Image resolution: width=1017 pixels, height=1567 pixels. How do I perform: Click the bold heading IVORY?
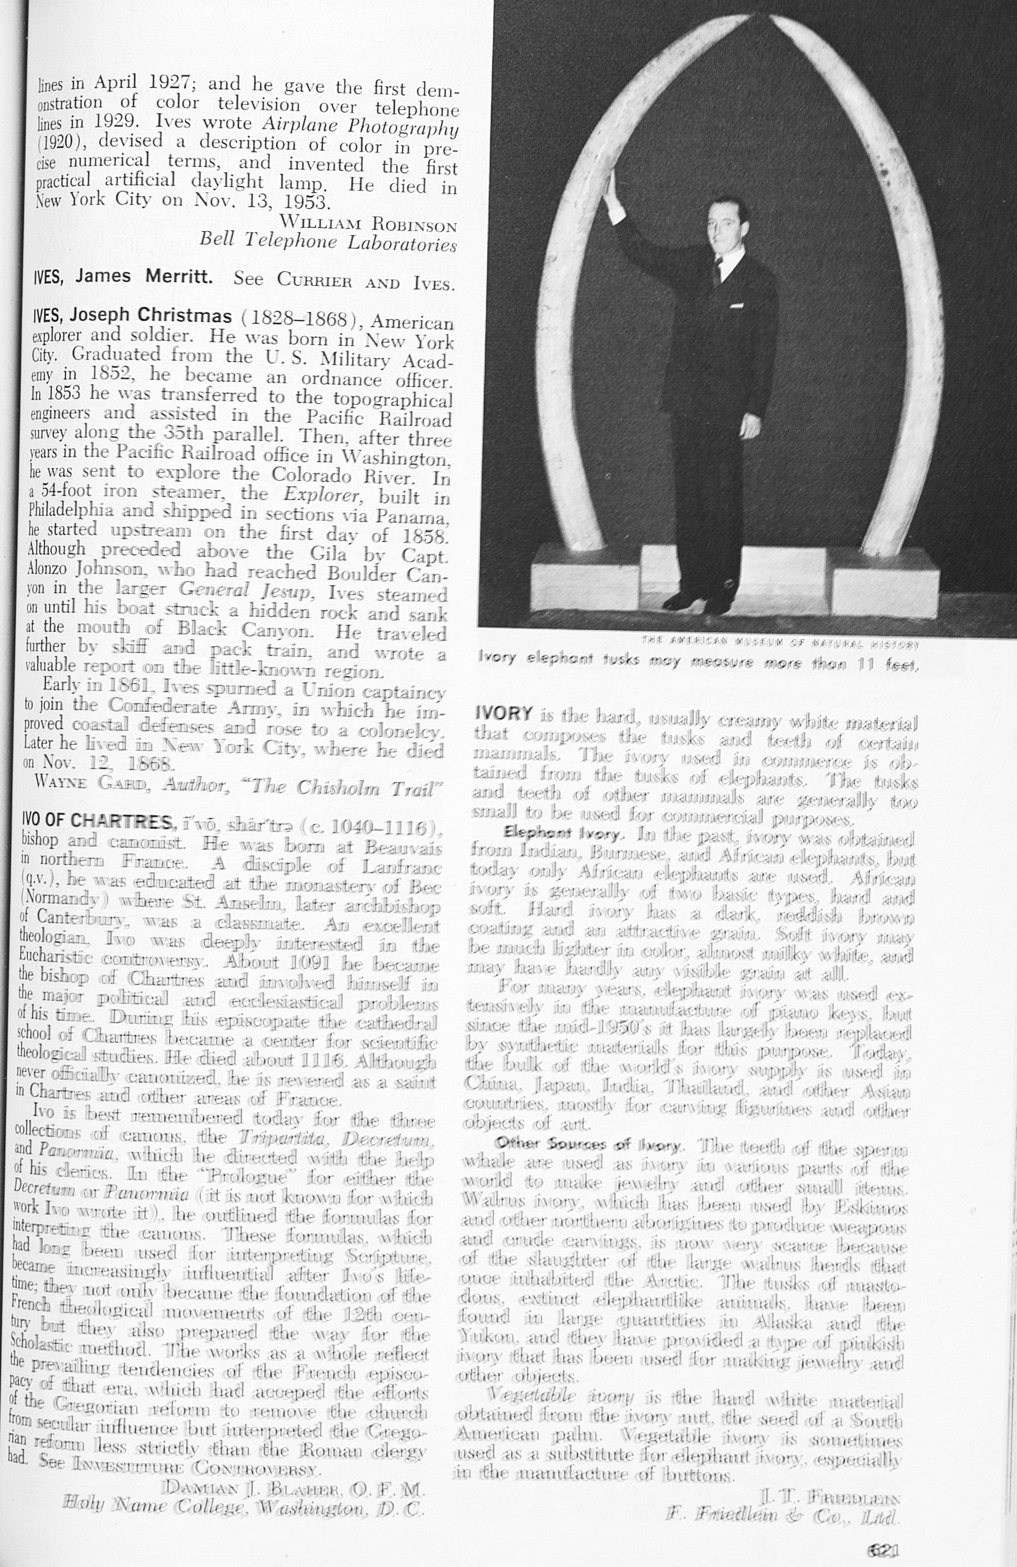503,714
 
